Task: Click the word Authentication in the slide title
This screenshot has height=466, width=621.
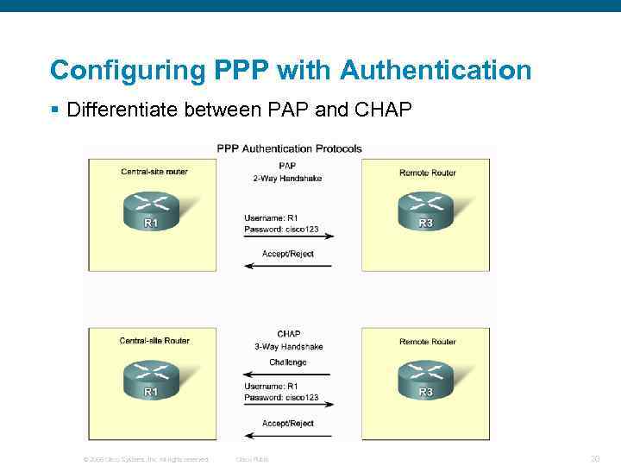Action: [x=436, y=70]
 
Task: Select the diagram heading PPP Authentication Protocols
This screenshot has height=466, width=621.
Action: [x=289, y=148]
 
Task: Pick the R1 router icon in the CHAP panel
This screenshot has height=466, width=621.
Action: [x=151, y=381]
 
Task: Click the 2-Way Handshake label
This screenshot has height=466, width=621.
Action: [x=287, y=178]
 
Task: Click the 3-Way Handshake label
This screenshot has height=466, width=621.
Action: [x=288, y=347]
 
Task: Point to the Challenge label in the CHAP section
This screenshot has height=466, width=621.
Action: [x=287, y=362]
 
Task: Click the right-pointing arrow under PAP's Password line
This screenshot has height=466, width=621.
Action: [x=288, y=236]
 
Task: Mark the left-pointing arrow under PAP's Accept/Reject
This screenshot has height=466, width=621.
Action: [x=288, y=266]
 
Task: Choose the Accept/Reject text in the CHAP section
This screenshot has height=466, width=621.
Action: [x=288, y=424]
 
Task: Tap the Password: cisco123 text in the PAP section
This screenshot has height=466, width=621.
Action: [x=281, y=230]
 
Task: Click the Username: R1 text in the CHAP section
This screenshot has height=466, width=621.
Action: [x=271, y=386]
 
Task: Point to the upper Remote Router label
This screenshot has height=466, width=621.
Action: [x=428, y=173]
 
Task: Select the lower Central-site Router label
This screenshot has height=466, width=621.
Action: [x=154, y=341]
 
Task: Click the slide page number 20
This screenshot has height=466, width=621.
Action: [x=594, y=459]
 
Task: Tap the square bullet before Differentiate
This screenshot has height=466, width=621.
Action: [x=54, y=110]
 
